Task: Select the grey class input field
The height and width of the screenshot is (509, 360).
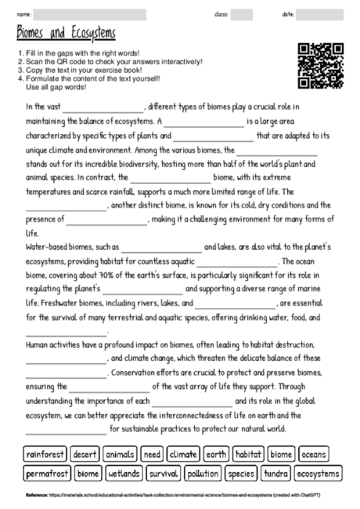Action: coord(241,14)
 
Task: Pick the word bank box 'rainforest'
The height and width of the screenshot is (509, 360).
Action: coord(45,454)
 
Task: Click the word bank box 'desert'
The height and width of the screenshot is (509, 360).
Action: coord(85,454)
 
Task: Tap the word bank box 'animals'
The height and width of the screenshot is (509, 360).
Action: coord(120,454)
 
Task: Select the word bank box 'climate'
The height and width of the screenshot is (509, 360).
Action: coord(182,454)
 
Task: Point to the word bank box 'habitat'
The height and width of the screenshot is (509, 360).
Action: coord(248,454)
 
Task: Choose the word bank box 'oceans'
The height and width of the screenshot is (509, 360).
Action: coord(314,454)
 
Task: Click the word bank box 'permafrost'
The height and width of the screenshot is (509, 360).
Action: coord(48,474)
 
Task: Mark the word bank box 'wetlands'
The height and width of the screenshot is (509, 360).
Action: coord(124,474)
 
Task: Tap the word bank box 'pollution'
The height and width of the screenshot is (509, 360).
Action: coord(203,474)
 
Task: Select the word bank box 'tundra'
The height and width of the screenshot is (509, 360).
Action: coord(276,474)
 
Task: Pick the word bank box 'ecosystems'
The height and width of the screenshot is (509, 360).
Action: coord(319,474)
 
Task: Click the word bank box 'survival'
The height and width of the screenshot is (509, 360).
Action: coord(164,474)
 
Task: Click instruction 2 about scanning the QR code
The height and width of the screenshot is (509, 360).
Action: coord(113,61)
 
